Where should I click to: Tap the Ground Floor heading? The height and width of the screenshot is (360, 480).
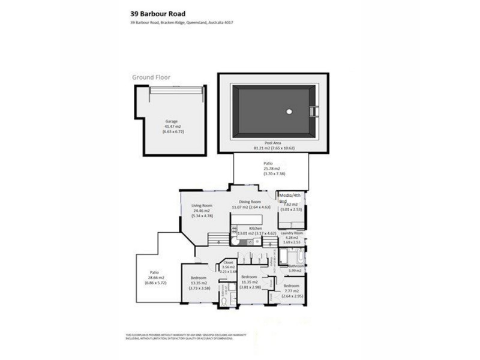tap(152, 77)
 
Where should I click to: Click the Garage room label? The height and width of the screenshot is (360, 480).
tap(172, 121)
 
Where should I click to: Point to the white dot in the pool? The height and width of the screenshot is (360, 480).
tap(289, 111)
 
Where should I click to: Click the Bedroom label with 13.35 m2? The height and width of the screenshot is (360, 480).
tap(200, 279)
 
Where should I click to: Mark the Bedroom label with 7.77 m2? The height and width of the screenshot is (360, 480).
tap(291, 286)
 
